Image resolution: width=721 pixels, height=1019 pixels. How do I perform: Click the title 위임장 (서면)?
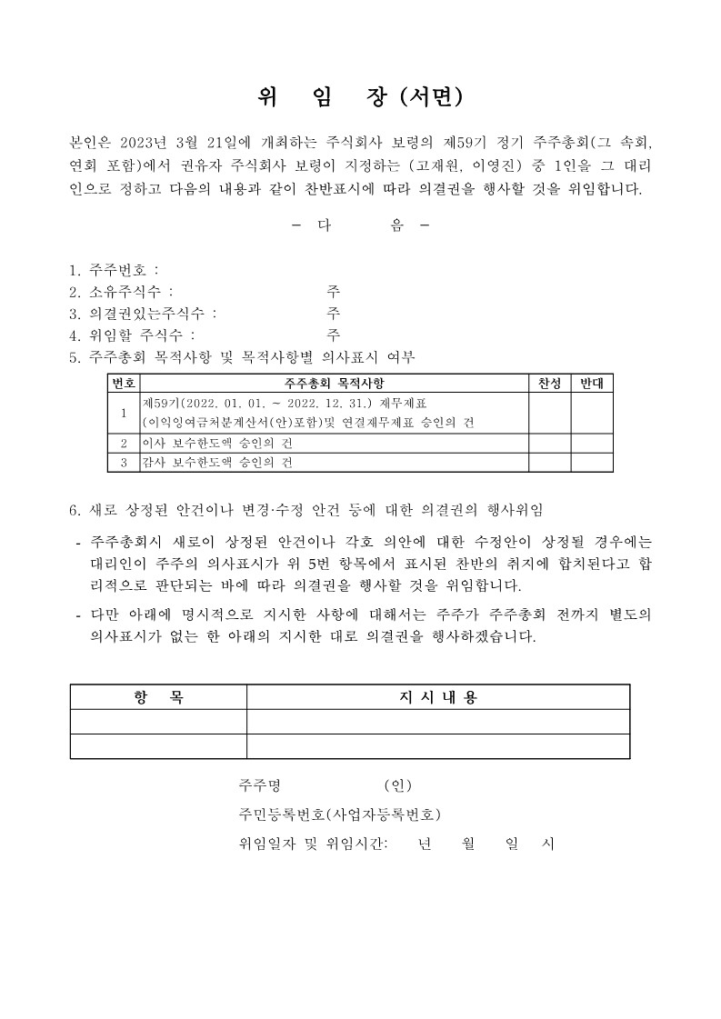click(x=360, y=96)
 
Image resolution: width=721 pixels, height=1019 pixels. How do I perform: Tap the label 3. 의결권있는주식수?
click(x=143, y=314)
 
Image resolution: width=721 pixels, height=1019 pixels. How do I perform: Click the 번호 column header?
click(x=123, y=383)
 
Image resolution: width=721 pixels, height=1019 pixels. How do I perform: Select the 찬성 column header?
click(x=549, y=383)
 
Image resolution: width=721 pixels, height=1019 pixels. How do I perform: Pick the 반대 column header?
click(x=592, y=383)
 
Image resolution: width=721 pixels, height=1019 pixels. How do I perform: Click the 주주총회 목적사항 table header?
click(x=334, y=383)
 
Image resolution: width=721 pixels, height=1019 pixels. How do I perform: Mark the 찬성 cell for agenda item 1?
click(x=549, y=413)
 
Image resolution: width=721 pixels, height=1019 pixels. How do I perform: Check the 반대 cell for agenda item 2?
click(x=592, y=443)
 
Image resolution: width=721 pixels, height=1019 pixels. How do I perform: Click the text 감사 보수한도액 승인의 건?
click(x=217, y=463)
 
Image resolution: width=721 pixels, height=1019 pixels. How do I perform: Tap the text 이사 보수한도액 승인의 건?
click(x=217, y=444)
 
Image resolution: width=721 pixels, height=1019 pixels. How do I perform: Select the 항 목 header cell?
click(x=158, y=697)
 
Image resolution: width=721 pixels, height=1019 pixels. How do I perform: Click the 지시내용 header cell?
click(x=438, y=697)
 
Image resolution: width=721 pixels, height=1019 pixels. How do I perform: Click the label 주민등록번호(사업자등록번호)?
click(x=340, y=814)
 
